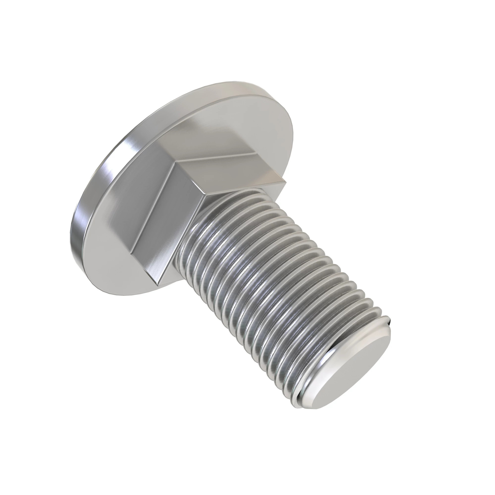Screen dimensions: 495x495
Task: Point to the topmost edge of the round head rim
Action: pos(231,82)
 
